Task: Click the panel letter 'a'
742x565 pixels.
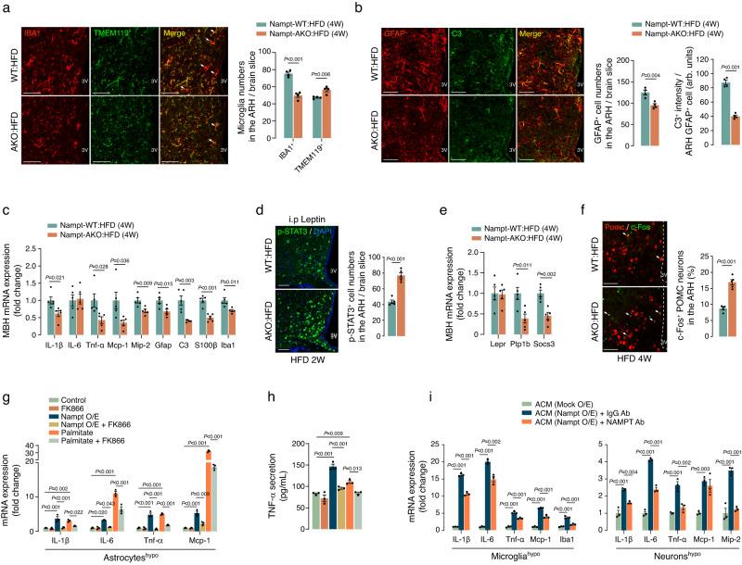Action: [5, 7]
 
